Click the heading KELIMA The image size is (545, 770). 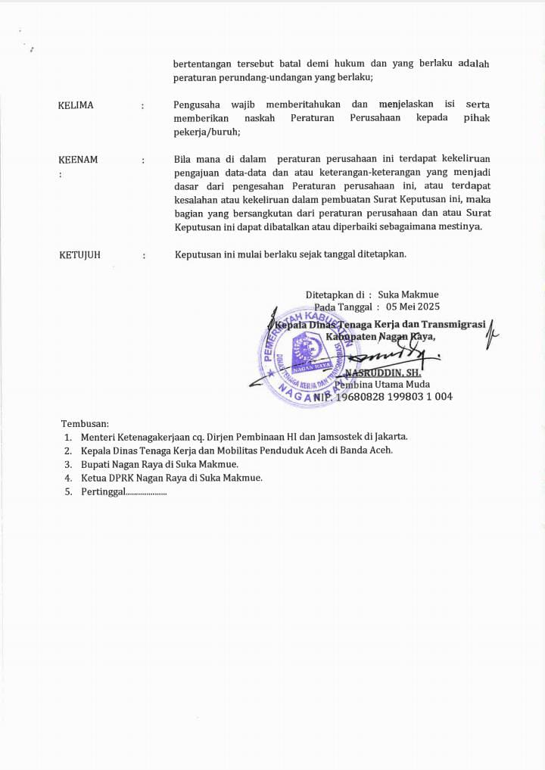(x=76, y=105)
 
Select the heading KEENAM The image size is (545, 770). (x=78, y=160)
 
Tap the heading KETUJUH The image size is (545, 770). (x=79, y=255)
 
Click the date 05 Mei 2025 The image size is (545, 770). (x=413, y=307)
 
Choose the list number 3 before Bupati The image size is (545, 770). (x=67, y=464)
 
